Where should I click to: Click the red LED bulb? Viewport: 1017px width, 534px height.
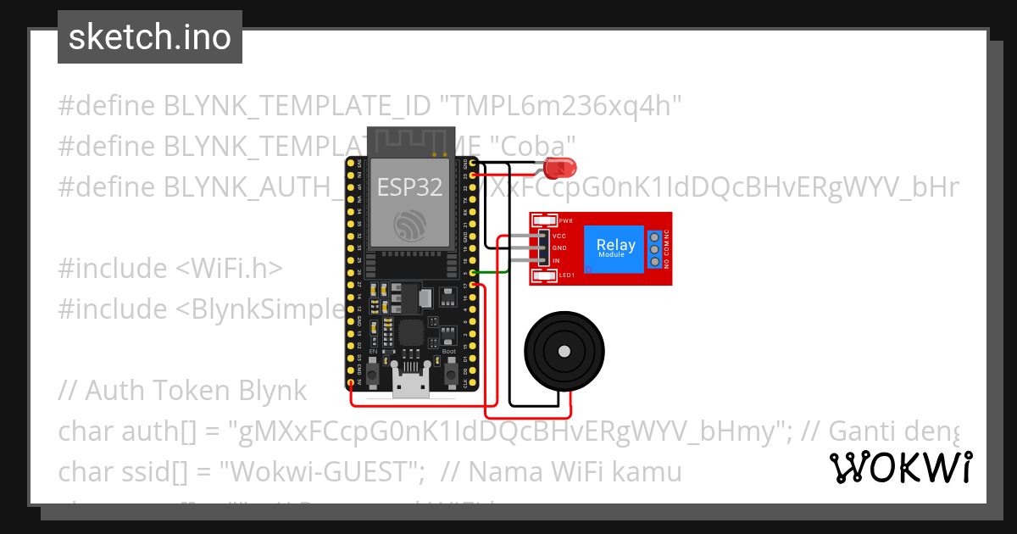(x=558, y=166)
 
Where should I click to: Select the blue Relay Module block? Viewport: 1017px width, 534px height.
(x=616, y=249)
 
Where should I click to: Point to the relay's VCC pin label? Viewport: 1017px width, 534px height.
(x=559, y=236)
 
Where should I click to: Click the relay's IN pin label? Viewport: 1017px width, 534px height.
(x=556, y=260)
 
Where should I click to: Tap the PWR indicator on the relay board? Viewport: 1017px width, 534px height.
(x=565, y=220)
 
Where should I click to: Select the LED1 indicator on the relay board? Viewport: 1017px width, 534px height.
(x=565, y=275)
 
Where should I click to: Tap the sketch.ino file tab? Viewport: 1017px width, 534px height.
(x=150, y=37)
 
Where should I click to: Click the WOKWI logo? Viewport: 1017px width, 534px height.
(x=900, y=467)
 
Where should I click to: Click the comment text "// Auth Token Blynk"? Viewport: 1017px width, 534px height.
(x=182, y=391)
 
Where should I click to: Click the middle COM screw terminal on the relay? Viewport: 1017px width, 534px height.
(x=654, y=249)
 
